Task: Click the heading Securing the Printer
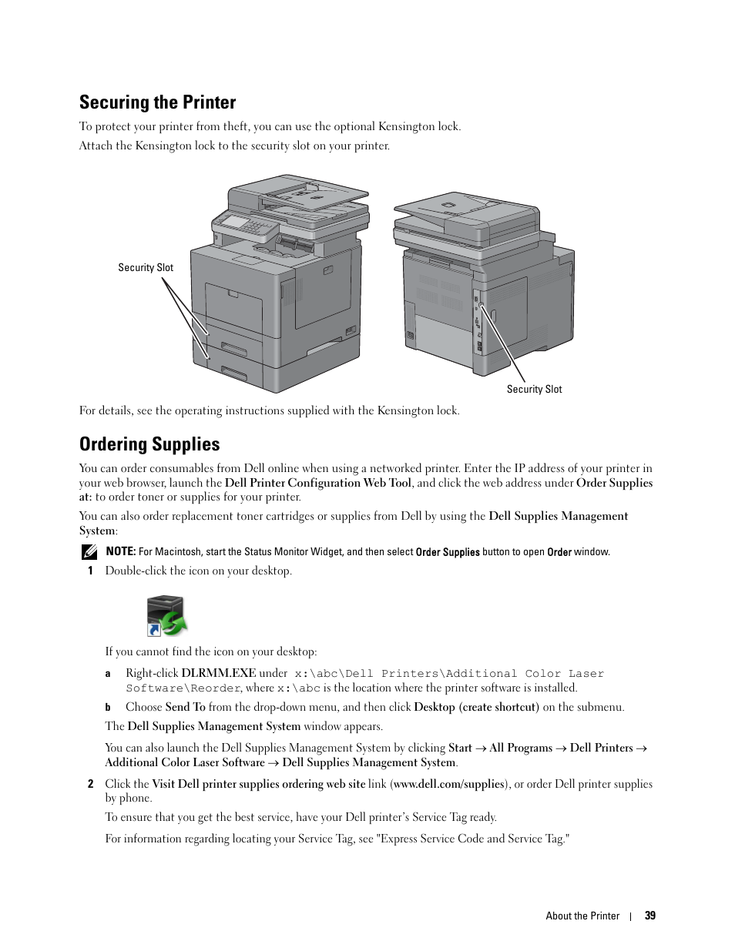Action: (x=157, y=102)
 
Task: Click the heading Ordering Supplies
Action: (x=149, y=444)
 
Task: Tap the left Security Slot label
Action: (x=146, y=268)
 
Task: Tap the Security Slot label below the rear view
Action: (x=534, y=390)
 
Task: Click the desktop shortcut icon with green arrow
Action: (x=166, y=615)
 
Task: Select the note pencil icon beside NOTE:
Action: (x=89, y=551)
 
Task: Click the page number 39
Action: (x=650, y=916)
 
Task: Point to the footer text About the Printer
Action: (x=582, y=916)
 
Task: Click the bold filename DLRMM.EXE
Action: (x=218, y=673)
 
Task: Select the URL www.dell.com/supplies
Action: (x=448, y=784)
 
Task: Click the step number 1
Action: (x=90, y=571)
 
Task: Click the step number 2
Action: (x=90, y=784)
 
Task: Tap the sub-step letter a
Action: (x=108, y=674)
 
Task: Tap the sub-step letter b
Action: (x=108, y=708)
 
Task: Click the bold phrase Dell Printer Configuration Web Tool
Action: (x=318, y=483)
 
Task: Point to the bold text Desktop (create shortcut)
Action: (x=476, y=707)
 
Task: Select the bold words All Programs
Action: (x=521, y=748)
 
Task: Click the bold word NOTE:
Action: (x=121, y=551)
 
